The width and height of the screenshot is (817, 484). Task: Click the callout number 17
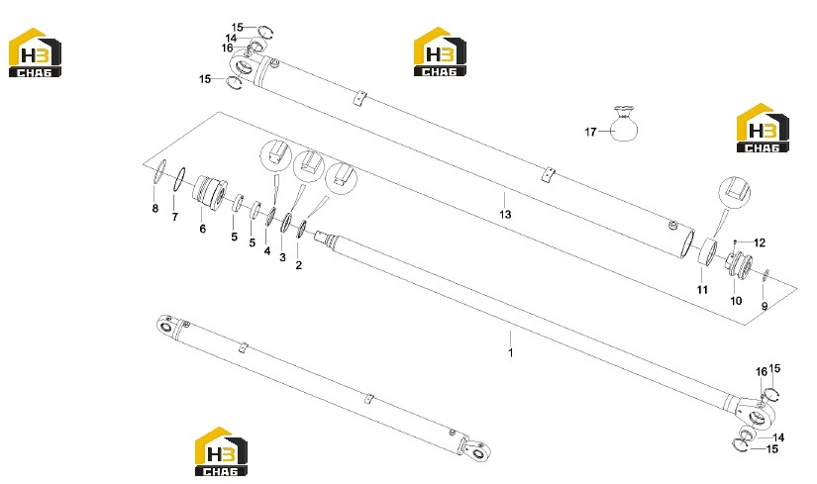[x=590, y=133]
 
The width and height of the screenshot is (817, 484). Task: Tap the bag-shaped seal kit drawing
[x=624, y=124]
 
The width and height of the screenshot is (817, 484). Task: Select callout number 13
[x=505, y=214]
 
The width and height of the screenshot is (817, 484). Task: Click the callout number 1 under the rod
[x=511, y=352]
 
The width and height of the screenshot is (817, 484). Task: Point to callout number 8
[x=154, y=209]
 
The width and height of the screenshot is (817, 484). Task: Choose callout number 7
[x=175, y=217]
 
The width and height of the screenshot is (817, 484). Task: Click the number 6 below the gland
[x=203, y=229]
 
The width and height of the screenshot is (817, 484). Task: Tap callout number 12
[x=760, y=242]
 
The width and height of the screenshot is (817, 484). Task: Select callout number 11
[x=702, y=290]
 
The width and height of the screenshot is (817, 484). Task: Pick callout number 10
[x=736, y=301]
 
